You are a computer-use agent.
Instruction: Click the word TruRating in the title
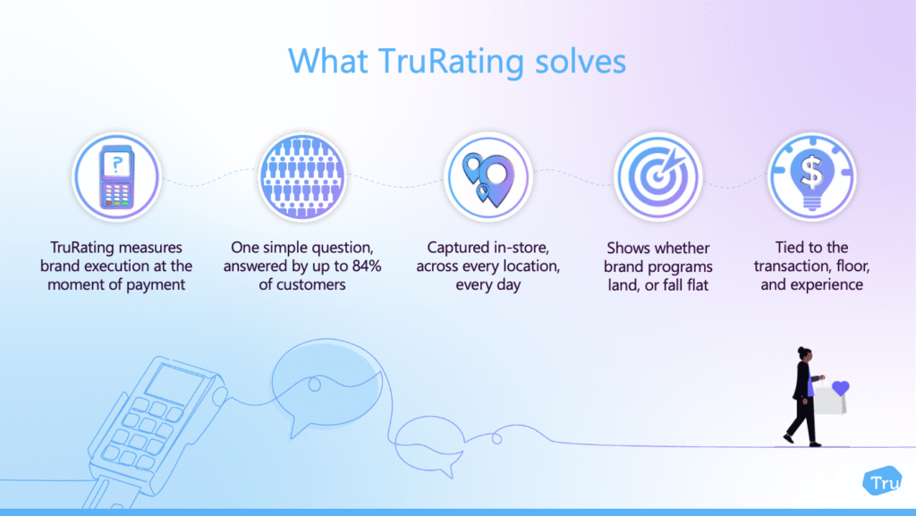click(x=451, y=62)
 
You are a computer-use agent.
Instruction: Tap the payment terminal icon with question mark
click(x=117, y=177)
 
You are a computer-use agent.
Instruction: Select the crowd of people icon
click(x=302, y=177)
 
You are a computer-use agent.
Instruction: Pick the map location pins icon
click(x=488, y=177)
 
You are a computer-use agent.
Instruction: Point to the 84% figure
click(x=367, y=266)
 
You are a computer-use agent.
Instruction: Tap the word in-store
click(x=522, y=248)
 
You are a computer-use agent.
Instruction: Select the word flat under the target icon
click(x=694, y=285)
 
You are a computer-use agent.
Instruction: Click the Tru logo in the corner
click(x=882, y=481)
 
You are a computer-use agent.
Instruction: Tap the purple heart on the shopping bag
click(x=840, y=387)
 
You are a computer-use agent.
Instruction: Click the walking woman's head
click(x=804, y=354)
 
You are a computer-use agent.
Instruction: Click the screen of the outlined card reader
click(x=174, y=384)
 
